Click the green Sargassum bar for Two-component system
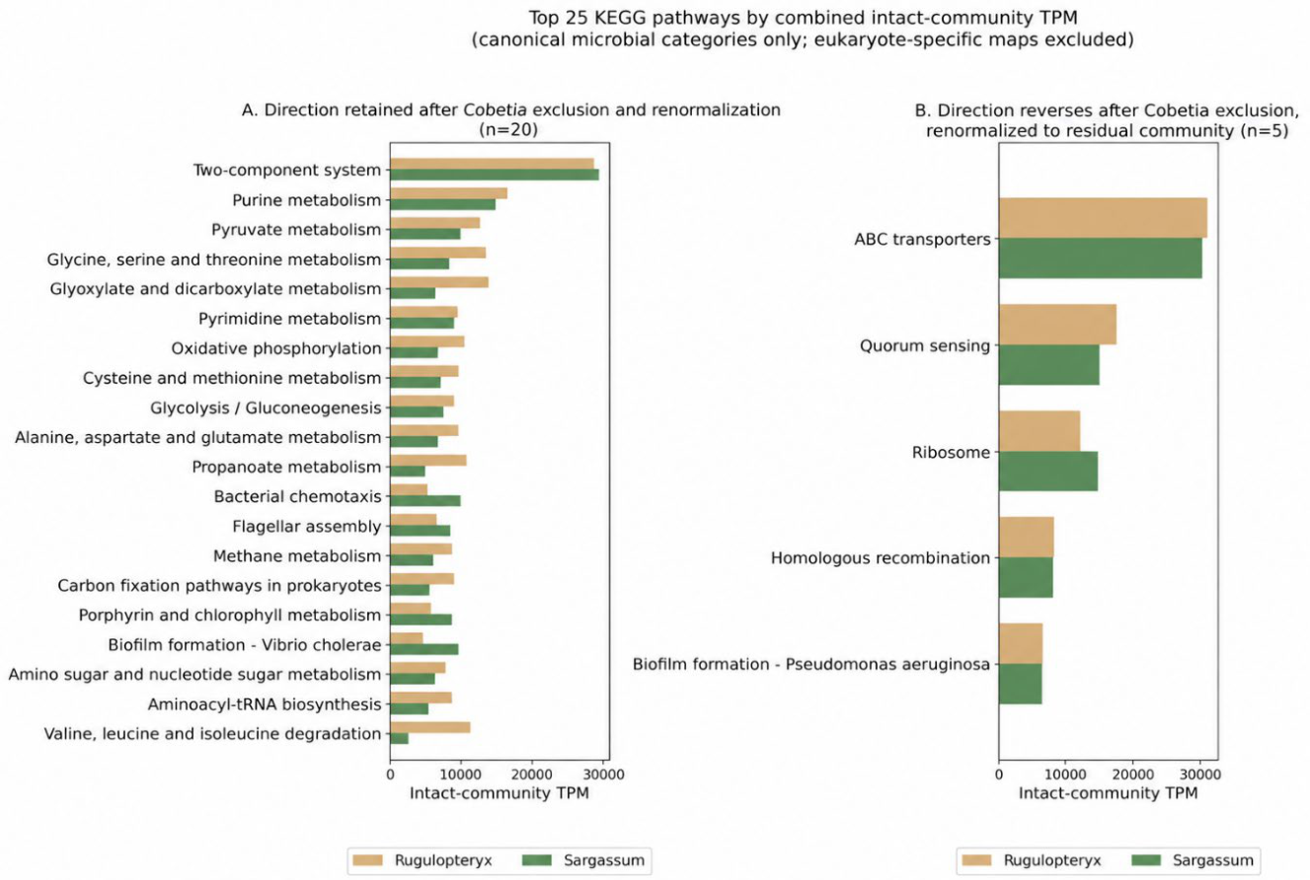click(x=495, y=175)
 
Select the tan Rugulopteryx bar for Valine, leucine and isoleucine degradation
click(x=429, y=727)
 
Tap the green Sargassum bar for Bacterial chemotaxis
click(x=425, y=501)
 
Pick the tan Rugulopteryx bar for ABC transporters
click(x=1103, y=218)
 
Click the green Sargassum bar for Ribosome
click(x=1048, y=471)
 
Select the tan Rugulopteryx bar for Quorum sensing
click(x=1057, y=325)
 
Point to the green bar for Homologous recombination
click(x=1026, y=577)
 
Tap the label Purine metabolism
click(x=306, y=200)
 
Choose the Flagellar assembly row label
click(x=306, y=527)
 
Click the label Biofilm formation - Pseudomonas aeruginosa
click(x=811, y=664)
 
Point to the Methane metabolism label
click(x=297, y=556)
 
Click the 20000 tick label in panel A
click(x=531, y=774)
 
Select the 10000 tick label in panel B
click(x=1065, y=774)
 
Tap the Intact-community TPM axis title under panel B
click(x=1109, y=793)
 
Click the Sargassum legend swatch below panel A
click(x=537, y=860)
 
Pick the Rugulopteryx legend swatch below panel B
click(x=976, y=860)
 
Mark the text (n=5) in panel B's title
click(x=1265, y=130)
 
